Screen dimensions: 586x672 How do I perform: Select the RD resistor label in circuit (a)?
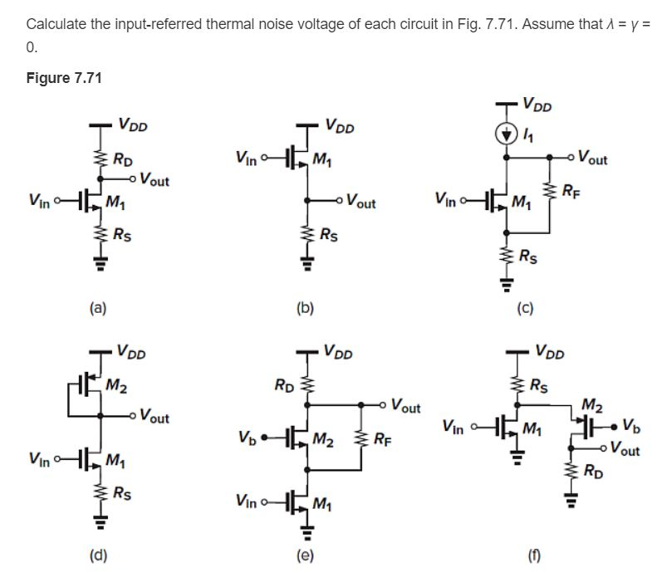coord(123,159)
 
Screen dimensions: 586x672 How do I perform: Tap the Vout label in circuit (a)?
coord(157,178)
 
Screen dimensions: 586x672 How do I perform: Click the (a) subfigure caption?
coord(98,308)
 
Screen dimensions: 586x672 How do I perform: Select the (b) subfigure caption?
coord(305,308)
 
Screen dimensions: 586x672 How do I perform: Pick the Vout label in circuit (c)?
coord(592,157)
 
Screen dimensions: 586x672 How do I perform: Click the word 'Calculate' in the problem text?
coord(55,23)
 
